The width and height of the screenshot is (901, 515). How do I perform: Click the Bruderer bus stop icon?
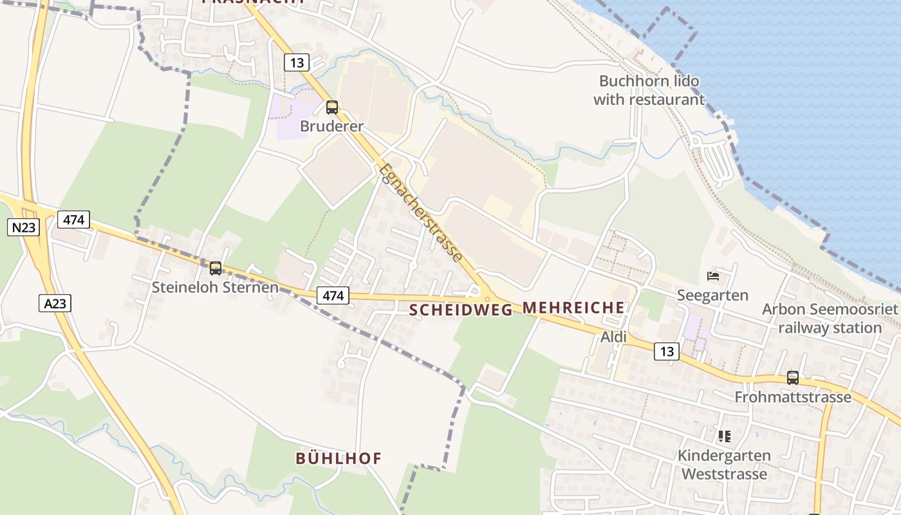pyautogui.click(x=332, y=108)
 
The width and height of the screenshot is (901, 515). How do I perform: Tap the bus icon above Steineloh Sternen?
pyautogui.click(x=216, y=268)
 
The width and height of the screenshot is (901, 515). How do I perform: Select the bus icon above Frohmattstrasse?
pyautogui.click(x=793, y=378)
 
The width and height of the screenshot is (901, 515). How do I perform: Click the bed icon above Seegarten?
pyautogui.click(x=713, y=276)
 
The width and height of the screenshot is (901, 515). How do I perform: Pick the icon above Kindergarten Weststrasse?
pyautogui.click(x=725, y=436)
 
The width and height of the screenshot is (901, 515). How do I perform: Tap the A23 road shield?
pyautogui.click(x=55, y=303)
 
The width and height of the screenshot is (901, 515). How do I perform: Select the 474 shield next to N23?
pyautogui.click(x=74, y=220)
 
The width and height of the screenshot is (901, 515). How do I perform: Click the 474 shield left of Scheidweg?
pyautogui.click(x=333, y=295)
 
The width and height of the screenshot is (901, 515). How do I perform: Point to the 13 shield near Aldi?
pyautogui.click(x=666, y=351)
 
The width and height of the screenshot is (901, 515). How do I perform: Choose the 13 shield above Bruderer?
pyautogui.click(x=297, y=62)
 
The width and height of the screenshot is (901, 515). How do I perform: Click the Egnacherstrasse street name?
pyautogui.click(x=421, y=213)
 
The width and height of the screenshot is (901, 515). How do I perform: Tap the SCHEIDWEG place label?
pyautogui.click(x=461, y=310)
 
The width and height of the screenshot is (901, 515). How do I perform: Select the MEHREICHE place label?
pyautogui.click(x=573, y=308)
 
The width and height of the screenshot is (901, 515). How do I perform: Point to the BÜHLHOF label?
pyautogui.click(x=339, y=458)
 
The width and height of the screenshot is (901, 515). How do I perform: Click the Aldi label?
pyautogui.click(x=613, y=337)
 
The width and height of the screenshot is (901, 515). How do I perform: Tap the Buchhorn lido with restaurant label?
pyautogui.click(x=649, y=91)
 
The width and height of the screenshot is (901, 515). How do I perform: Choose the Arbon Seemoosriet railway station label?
pyautogui.click(x=830, y=319)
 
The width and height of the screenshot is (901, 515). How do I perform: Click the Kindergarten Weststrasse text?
pyautogui.click(x=724, y=465)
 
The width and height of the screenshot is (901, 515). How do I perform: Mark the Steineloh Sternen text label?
pyautogui.click(x=215, y=287)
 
